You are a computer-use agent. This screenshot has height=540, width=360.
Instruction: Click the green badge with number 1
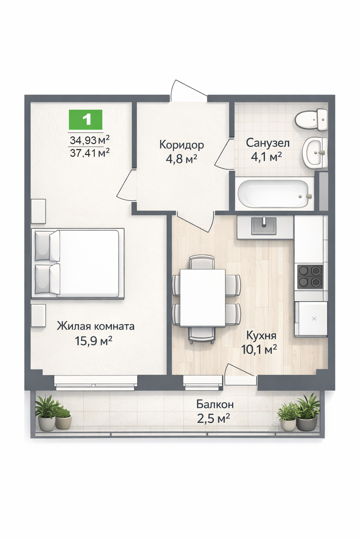[x=85, y=120]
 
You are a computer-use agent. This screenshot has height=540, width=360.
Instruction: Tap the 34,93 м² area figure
[x=90, y=140]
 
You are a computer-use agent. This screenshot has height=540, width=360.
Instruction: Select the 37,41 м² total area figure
[x=90, y=153]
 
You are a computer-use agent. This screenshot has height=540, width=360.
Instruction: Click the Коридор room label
[x=181, y=145]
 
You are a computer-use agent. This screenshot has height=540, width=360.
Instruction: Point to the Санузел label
[x=268, y=143]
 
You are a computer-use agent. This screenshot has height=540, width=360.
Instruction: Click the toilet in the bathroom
[x=311, y=120]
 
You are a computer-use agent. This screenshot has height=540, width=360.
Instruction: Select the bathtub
[x=275, y=194]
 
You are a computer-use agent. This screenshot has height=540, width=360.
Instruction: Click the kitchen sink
[x=264, y=226]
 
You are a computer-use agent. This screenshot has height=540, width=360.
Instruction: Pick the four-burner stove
[x=310, y=277]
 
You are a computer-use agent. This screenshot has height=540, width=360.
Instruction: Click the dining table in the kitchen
[x=202, y=298]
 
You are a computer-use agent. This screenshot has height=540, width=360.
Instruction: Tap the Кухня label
[x=261, y=335]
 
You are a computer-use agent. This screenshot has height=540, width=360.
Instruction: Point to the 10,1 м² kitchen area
[x=259, y=349]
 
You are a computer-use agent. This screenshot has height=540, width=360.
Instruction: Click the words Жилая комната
[x=96, y=326]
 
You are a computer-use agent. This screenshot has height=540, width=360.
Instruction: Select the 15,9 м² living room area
[x=94, y=341]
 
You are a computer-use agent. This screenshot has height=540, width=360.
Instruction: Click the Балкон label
[x=215, y=404]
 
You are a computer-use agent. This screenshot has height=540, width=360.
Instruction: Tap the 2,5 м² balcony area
[x=213, y=418]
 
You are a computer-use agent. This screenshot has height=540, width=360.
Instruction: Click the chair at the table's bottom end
[x=202, y=335]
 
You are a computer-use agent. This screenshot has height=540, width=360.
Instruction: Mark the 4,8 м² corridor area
[x=181, y=159]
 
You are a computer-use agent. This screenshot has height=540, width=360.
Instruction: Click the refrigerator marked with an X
[x=310, y=319]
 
